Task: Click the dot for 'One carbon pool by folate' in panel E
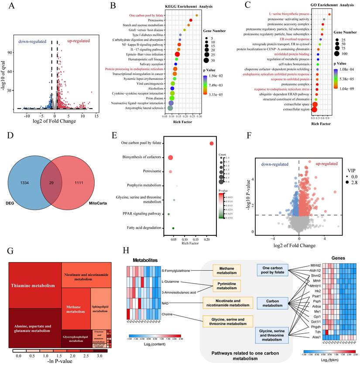212,144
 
